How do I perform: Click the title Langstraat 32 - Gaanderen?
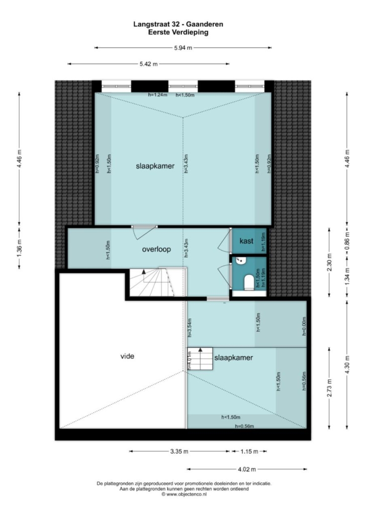(178, 24)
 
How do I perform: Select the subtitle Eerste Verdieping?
(178, 32)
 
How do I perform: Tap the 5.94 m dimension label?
(183, 48)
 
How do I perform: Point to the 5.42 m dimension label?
(149, 64)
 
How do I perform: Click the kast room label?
(246, 241)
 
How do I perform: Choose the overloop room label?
(156, 249)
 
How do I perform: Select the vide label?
(127, 356)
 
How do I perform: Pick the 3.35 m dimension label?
(179, 451)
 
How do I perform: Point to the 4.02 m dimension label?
(247, 469)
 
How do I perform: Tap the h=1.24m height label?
(157, 95)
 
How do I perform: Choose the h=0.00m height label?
(304, 326)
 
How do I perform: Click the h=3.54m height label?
(190, 328)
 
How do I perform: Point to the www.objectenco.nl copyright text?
(184, 494)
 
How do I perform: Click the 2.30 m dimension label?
(329, 263)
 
